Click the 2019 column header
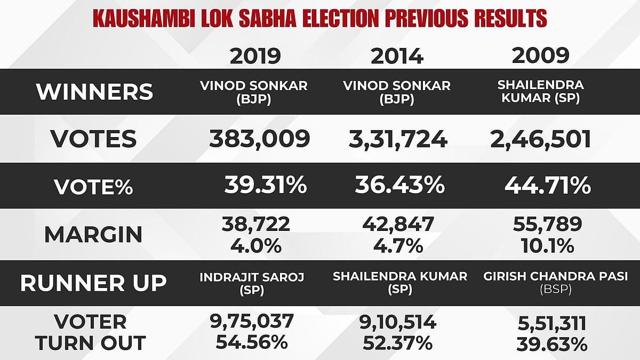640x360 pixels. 255,55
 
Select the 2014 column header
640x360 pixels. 397,55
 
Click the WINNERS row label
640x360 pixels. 94,92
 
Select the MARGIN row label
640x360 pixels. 93,234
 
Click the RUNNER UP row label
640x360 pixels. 93,283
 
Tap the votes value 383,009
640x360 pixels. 259,139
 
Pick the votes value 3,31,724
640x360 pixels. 397,139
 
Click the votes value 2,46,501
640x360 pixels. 540,139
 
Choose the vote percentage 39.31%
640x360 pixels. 265,186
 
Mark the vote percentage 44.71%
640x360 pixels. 547,186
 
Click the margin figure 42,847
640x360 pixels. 397,225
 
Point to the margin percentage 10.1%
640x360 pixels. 544,246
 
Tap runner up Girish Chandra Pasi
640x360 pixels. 556,277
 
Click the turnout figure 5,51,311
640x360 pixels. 551,323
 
